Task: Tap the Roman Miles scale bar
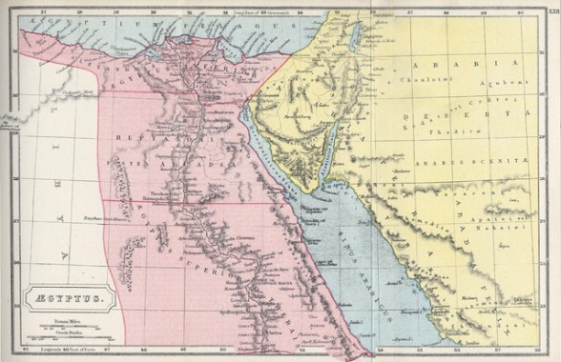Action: [x=64, y=328]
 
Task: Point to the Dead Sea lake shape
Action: [x=356, y=38]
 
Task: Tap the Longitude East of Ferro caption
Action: [x=63, y=351]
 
